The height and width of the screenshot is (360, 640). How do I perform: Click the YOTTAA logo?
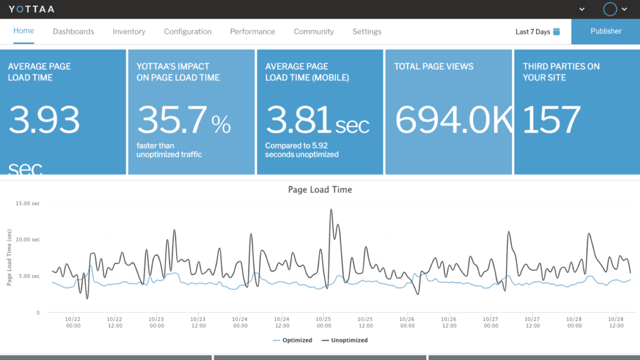point(31,9)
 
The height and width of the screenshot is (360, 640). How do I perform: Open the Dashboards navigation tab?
point(73,32)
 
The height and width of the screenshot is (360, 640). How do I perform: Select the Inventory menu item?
point(129,32)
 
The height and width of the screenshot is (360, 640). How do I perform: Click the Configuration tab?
point(188,32)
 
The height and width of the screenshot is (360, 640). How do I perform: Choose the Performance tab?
point(252,32)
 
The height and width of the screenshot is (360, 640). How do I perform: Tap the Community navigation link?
point(314,32)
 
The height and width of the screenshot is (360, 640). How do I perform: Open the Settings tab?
point(367,32)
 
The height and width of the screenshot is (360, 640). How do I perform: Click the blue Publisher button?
point(606,31)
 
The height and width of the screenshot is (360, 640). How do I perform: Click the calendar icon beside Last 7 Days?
point(556,32)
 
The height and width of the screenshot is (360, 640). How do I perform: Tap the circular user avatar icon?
point(610,9)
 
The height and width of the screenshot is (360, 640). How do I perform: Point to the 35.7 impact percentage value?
point(172,120)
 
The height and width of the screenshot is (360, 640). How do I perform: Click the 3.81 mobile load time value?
point(298,120)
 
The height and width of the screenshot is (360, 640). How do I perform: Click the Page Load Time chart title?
point(320,190)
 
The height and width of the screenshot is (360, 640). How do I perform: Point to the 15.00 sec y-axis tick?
point(28,203)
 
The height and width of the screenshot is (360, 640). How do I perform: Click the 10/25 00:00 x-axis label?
point(324,322)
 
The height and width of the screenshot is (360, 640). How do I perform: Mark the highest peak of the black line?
point(331,209)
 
